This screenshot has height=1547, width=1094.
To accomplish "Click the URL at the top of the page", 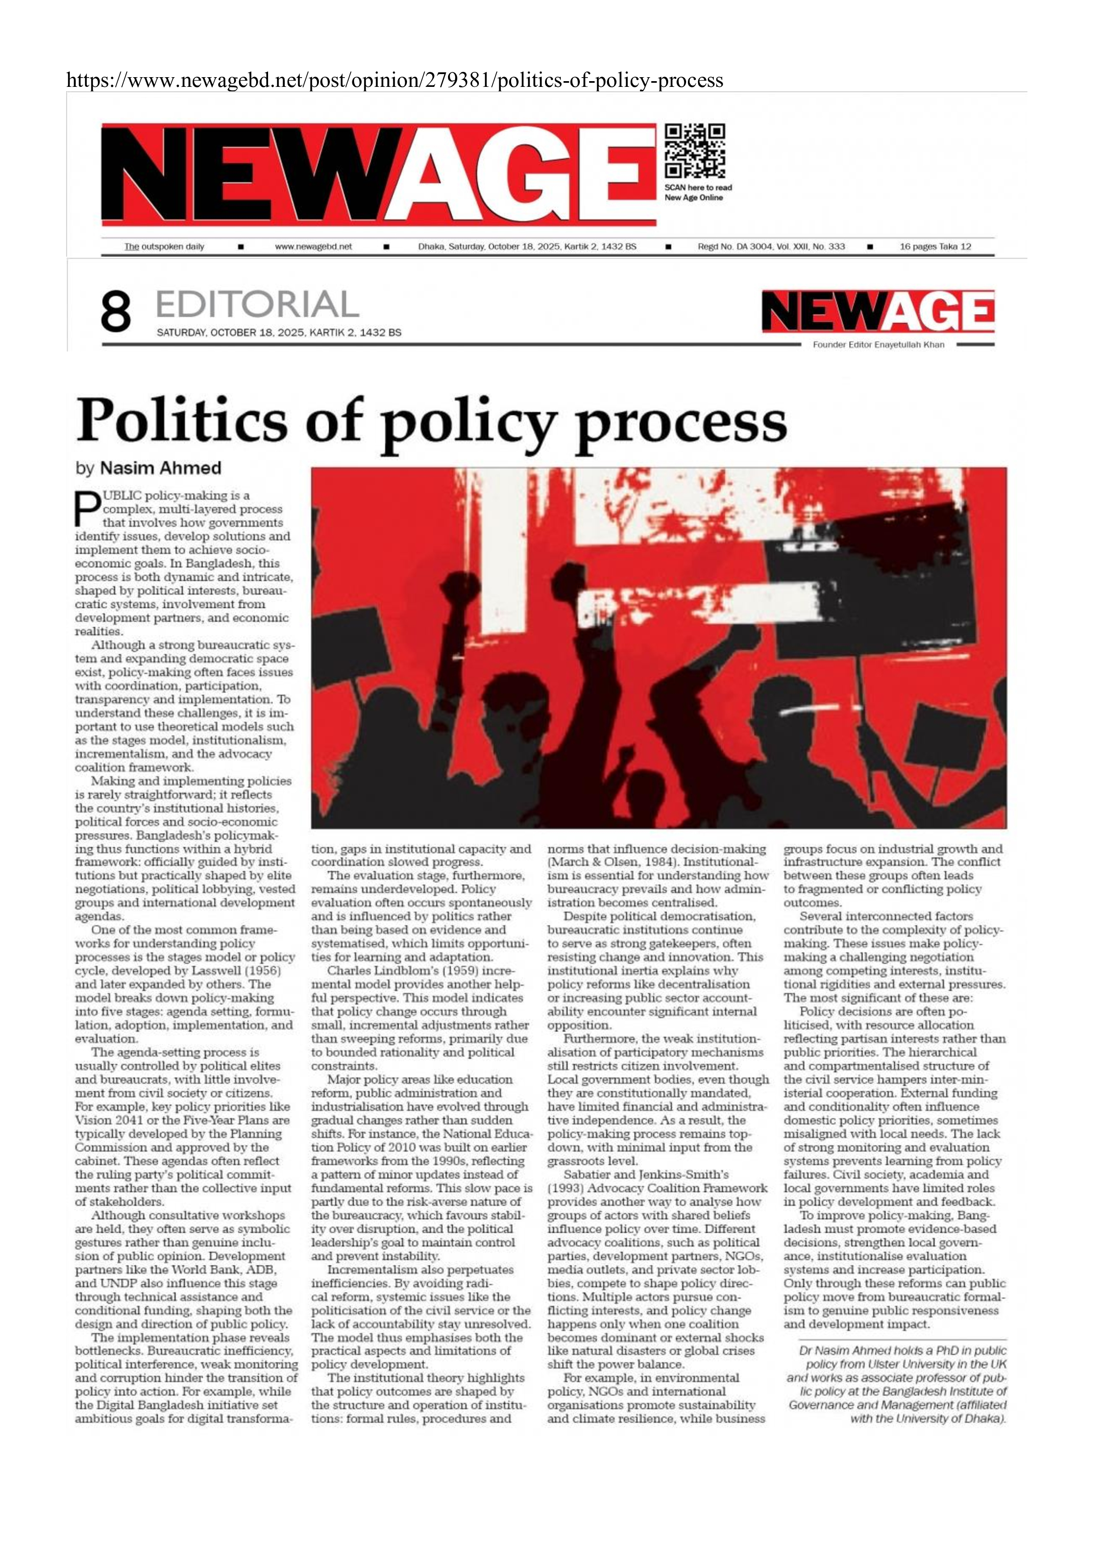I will tap(395, 81).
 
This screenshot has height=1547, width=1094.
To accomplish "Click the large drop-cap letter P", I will tap(86, 509).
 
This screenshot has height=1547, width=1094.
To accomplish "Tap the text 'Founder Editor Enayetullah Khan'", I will tap(878, 345).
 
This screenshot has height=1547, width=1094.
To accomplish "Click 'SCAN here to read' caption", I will tap(698, 187).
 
